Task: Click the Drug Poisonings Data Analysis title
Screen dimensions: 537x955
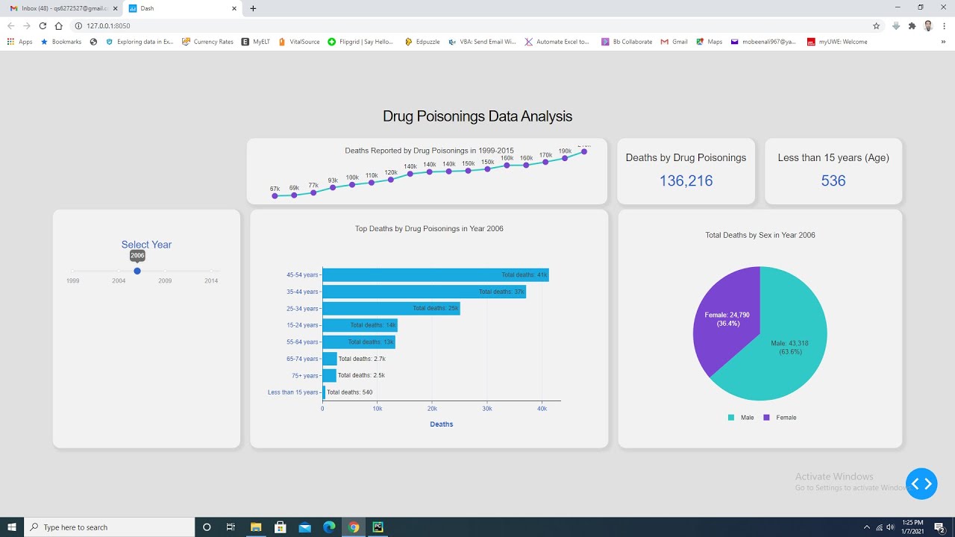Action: (x=477, y=116)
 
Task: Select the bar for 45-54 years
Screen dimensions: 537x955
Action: (x=435, y=275)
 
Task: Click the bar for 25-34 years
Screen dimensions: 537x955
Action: (x=391, y=309)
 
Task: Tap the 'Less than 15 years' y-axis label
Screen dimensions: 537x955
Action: (x=293, y=392)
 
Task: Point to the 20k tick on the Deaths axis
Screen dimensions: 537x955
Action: (x=432, y=409)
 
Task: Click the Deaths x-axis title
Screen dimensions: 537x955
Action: (x=441, y=424)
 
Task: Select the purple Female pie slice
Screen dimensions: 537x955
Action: (x=724, y=321)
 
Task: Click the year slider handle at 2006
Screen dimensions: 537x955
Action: (x=137, y=271)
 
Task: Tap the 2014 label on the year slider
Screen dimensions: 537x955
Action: (x=211, y=281)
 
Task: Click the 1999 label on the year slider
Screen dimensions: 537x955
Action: (x=72, y=281)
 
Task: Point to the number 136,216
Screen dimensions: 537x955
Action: (x=686, y=180)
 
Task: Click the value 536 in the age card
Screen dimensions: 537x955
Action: (x=833, y=180)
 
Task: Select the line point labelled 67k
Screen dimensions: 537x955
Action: (x=275, y=196)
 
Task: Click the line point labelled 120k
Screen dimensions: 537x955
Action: (x=391, y=180)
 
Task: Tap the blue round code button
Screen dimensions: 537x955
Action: (x=921, y=484)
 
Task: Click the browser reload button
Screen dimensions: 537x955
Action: (x=43, y=25)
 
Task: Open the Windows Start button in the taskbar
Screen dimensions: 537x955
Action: (x=12, y=527)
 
